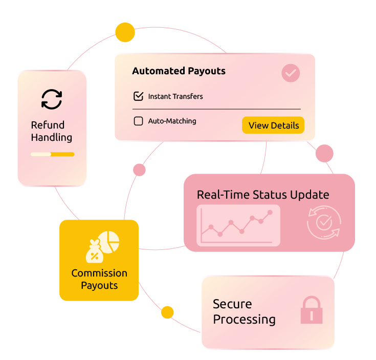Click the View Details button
(273, 125)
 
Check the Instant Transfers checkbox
(138, 96)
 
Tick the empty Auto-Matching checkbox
(138, 121)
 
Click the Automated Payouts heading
(179, 71)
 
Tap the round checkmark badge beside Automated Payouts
(291, 73)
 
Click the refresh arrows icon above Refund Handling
(52, 99)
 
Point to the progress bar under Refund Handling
(52, 154)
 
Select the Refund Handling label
(51, 131)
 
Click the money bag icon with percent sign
(94, 251)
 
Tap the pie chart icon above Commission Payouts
(109, 241)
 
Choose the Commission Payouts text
(99, 279)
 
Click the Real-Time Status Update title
(263, 195)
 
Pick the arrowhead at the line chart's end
(270, 211)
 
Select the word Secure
(232, 304)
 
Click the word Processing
(244, 320)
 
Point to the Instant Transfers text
(175, 96)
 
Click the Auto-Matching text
(172, 121)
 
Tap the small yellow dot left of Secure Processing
(169, 312)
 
